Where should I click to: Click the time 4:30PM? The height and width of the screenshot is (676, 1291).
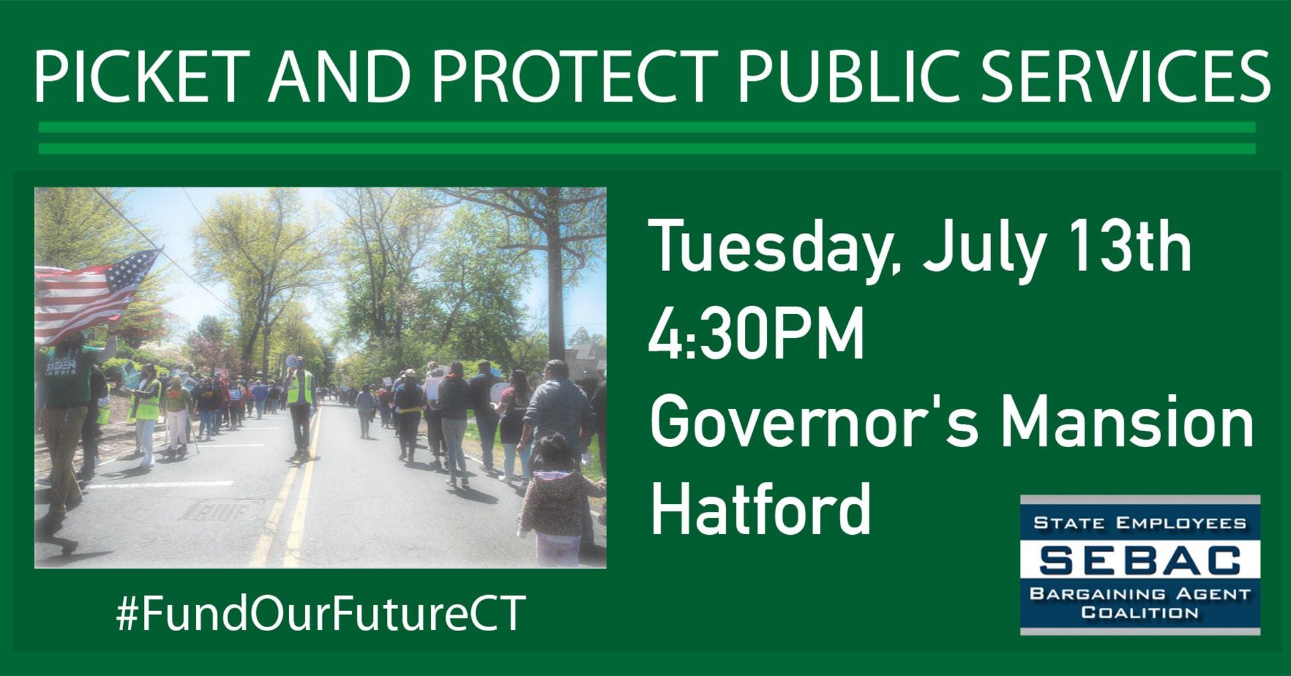(x=756, y=334)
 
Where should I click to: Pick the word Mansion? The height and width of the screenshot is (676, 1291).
(x=1127, y=423)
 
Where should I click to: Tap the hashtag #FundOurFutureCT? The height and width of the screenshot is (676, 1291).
(x=321, y=612)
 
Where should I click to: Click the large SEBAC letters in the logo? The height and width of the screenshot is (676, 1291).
(x=1140, y=560)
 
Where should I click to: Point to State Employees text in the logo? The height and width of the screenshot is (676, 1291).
(x=1140, y=523)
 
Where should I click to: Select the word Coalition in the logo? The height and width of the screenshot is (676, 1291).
(x=1140, y=612)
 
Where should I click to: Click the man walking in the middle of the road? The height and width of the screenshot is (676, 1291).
(x=300, y=408)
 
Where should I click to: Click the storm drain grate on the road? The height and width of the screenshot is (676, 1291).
(x=220, y=512)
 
